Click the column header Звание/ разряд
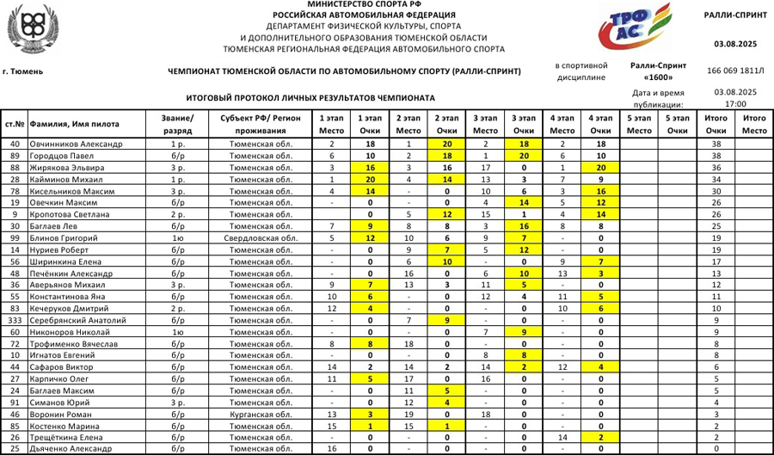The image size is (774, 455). click(x=177, y=123)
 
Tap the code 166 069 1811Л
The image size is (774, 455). click(x=735, y=70)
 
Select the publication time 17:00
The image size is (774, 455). click(x=735, y=103)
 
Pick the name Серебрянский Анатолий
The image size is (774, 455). click(x=81, y=320)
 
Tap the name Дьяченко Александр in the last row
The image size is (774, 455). click(x=77, y=449)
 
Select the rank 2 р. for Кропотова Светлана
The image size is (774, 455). click(x=177, y=214)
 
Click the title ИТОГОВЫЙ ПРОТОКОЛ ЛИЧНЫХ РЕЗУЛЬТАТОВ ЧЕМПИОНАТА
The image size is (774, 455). click(x=310, y=98)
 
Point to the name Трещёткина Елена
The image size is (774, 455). click(x=69, y=437)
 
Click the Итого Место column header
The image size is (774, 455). click(x=754, y=123)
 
